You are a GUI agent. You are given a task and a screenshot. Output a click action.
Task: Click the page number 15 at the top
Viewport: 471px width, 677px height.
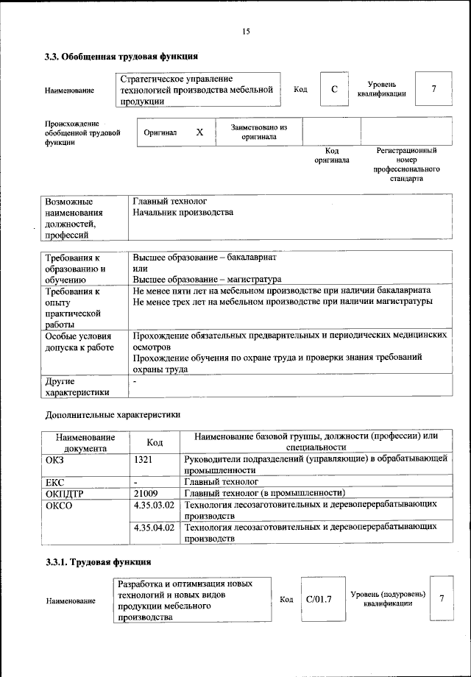tap(246, 31)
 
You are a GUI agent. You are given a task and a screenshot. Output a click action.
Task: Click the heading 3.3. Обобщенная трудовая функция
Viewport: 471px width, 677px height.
tap(121, 56)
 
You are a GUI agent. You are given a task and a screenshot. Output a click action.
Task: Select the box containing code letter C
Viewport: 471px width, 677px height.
tap(334, 90)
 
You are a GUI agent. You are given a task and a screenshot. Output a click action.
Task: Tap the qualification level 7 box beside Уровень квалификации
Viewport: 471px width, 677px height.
tap(433, 90)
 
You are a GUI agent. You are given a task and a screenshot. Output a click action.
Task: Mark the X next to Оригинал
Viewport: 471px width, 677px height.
tap(199, 132)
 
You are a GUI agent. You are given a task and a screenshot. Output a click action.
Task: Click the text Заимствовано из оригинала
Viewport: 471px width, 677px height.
tap(258, 132)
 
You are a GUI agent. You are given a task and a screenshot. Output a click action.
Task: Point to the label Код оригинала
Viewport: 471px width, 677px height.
tap(332, 155)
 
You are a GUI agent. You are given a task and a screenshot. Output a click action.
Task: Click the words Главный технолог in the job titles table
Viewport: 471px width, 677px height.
tap(169, 200)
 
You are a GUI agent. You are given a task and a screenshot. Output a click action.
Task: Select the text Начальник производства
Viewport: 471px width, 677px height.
tap(183, 212)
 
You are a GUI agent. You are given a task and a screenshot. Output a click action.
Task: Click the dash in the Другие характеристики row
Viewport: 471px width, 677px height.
tap(135, 383)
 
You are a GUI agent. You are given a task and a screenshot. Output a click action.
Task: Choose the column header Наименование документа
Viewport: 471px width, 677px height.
tap(85, 442)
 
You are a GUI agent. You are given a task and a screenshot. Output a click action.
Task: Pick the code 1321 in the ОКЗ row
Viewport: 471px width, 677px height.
tap(144, 458)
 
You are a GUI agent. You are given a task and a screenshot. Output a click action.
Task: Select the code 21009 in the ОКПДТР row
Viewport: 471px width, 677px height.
tap(146, 493)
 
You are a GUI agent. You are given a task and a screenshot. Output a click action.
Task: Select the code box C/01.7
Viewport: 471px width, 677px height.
tap(319, 599)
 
